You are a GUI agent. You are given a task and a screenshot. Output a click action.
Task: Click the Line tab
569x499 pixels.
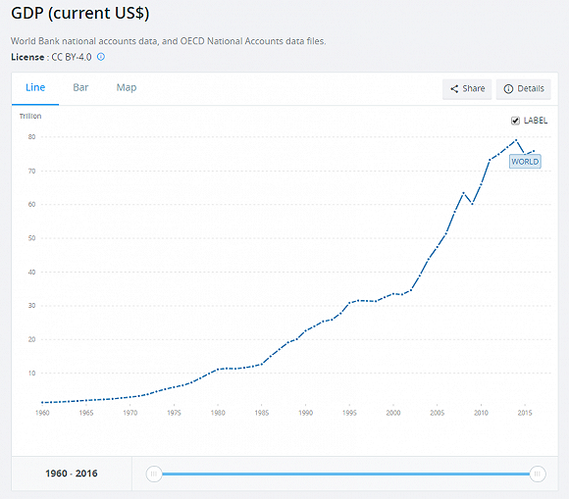[x=35, y=87]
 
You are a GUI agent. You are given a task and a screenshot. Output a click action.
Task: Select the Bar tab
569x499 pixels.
[x=80, y=87]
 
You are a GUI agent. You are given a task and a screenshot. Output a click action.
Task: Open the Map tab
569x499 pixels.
[x=127, y=87]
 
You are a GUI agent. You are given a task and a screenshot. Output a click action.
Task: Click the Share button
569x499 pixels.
[x=467, y=89]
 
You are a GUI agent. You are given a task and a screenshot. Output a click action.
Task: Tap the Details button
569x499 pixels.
[x=524, y=89]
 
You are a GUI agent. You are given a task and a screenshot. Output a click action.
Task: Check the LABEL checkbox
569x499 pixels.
[x=516, y=121]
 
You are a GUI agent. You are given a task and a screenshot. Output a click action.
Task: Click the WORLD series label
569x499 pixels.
[x=525, y=161]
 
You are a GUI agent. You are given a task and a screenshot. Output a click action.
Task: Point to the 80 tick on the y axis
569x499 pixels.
[x=31, y=137]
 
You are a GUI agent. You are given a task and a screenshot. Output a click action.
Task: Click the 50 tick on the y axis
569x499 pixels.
[x=31, y=238]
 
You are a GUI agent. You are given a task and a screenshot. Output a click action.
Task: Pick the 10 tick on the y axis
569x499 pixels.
[x=31, y=374]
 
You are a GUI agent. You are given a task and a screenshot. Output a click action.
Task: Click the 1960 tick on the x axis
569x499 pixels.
[x=42, y=414]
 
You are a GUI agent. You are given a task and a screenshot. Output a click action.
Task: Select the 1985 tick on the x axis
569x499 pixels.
[x=262, y=414]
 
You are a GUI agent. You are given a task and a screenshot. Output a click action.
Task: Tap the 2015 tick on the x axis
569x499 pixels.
[x=526, y=414]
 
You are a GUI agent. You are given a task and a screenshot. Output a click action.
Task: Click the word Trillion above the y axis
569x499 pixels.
[x=30, y=117]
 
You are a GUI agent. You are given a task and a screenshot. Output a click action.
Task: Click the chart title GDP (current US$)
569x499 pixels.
[x=79, y=15]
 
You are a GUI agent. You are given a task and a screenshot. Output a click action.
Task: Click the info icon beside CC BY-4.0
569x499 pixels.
[x=101, y=57]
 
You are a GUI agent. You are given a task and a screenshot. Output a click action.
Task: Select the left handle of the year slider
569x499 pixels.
[x=153, y=474]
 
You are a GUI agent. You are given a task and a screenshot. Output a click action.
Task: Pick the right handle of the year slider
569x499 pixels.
[x=538, y=474]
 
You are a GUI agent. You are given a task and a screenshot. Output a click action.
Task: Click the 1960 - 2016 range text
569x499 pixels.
[x=71, y=474]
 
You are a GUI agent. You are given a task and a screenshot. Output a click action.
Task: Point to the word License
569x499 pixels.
[x=28, y=57]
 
